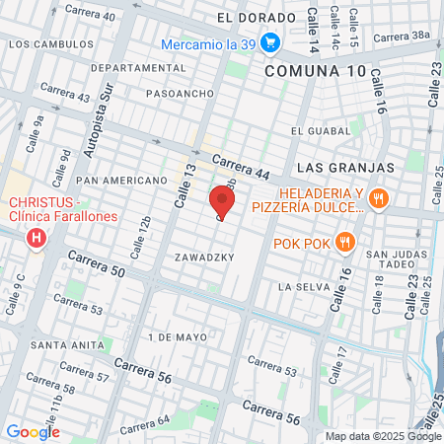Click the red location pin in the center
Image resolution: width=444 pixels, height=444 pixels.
click(x=222, y=202)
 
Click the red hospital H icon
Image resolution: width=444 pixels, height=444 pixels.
click(x=37, y=238)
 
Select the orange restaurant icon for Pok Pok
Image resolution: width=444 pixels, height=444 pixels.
click(x=343, y=242)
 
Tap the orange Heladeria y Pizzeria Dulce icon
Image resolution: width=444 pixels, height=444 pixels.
click(x=377, y=199)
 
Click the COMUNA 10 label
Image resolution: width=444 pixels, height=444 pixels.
click(x=314, y=71)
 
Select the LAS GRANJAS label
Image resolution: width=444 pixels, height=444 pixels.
click(x=342, y=168)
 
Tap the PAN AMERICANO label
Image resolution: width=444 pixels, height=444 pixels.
click(x=121, y=181)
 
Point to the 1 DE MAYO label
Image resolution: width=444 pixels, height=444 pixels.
click(x=178, y=337)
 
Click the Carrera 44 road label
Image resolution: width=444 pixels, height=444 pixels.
click(x=240, y=168)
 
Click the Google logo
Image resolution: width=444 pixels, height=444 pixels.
click(x=33, y=431)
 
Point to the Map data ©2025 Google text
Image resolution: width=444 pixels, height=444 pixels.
click(x=384, y=436)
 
